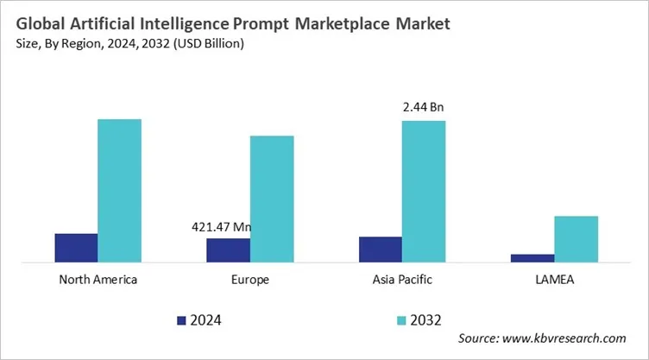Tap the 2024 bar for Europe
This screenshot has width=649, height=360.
click(228, 250)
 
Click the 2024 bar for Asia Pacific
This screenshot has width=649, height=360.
click(381, 249)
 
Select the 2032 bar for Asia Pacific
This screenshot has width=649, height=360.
click(424, 191)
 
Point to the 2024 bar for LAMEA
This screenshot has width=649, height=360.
click(532, 257)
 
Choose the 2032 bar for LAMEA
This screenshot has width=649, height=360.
click(576, 238)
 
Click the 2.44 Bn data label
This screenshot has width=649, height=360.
click(423, 108)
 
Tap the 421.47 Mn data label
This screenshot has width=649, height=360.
click(220, 227)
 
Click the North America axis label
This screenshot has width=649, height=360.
click(98, 280)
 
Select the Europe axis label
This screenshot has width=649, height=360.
click(250, 280)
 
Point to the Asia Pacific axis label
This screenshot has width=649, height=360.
click(402, 280)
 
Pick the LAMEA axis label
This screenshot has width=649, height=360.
click(554, 280)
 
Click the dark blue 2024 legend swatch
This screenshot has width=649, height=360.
click(181, 320)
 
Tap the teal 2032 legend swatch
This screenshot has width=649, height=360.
click(400, 320)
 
